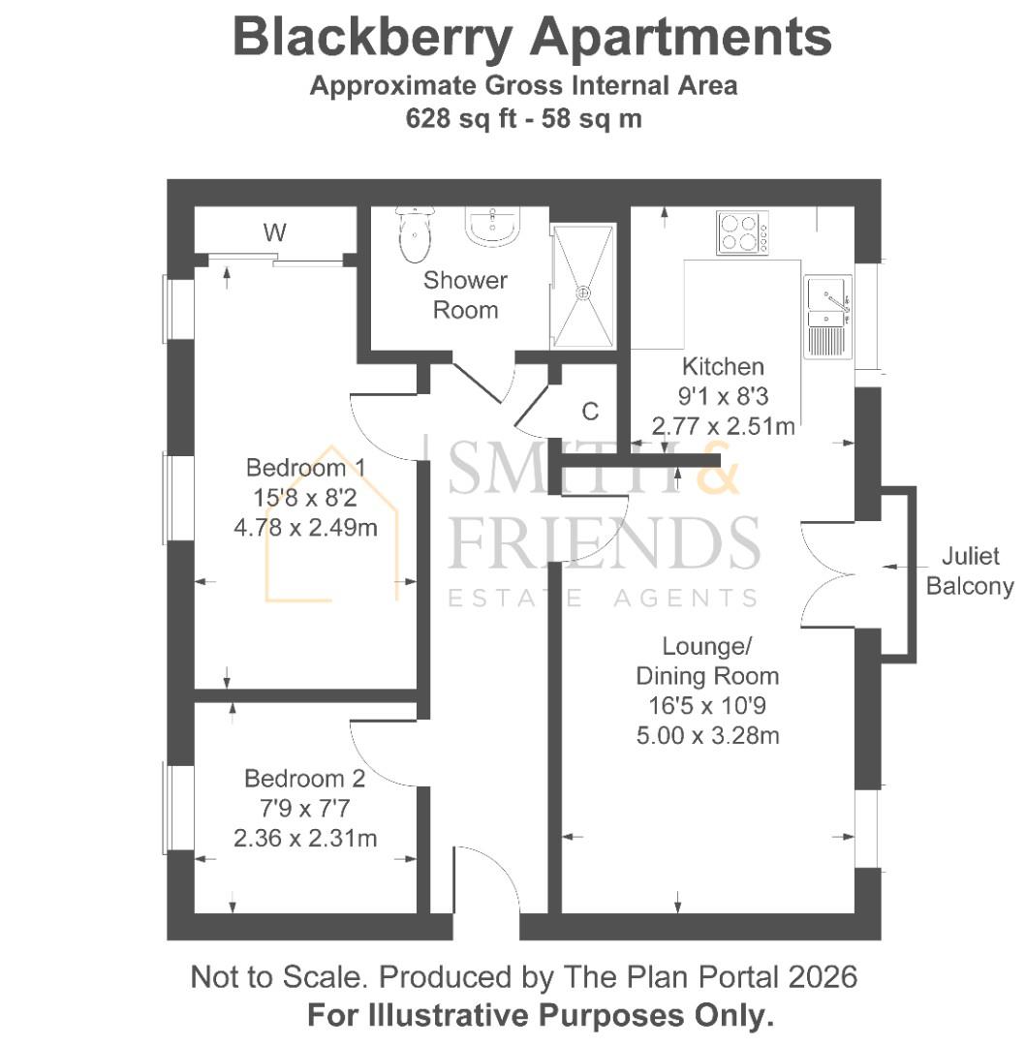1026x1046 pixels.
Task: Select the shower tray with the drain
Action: tap(583, 287)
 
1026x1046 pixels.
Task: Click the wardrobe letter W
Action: tap(275, 232)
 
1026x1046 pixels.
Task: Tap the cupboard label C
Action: tap(590, 411)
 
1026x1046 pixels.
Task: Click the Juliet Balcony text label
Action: tap(970, 572)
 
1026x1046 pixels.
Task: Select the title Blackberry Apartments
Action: tap(532, 38)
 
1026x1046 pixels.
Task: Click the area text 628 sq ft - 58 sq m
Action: tap(523, 118)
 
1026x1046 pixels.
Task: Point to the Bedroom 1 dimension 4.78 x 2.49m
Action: tap(305, 528)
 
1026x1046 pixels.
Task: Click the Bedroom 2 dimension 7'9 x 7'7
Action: tap(305, 808)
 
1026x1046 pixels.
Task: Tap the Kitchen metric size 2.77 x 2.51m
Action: tap(724, 425)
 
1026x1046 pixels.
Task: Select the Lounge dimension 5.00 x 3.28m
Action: tap(707, 735)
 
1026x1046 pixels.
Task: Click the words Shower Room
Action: tap(465, 295)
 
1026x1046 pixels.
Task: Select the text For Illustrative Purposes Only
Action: tap(541, 1016)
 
